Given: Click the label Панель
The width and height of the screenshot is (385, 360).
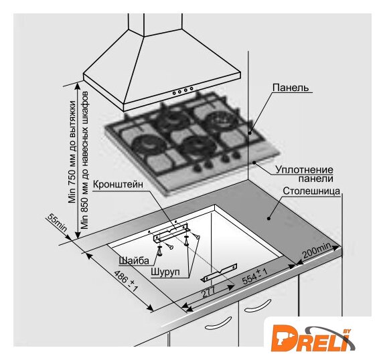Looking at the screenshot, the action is click(291, 88).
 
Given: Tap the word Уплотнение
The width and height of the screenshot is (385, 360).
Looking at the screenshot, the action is click(304, 170).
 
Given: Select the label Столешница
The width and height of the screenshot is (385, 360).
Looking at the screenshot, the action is click(311, 191).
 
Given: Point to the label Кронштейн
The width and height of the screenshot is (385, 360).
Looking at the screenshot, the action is click(118, 185).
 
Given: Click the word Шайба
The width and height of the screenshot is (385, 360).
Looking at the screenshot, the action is click(134, 260).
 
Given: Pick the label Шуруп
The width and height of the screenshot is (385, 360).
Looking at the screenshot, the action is click(165, 272).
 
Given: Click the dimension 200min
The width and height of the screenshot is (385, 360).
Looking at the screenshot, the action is click(317, 251).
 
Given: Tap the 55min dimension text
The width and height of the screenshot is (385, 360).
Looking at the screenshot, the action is click(57, 223).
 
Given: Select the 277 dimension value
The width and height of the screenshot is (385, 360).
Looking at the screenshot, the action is click(208, 292).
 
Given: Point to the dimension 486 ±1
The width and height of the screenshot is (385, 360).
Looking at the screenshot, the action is click(126, 281).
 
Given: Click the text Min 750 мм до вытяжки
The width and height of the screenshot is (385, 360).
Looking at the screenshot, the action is click(72, 152).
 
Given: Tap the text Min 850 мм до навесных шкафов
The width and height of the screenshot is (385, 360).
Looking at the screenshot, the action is click(85, 160).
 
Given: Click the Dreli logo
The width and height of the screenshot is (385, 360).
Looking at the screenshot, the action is click(313, 339).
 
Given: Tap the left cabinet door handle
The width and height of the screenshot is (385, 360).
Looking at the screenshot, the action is click(218, 323).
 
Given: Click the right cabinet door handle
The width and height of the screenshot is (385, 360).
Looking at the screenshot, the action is click(258, 306).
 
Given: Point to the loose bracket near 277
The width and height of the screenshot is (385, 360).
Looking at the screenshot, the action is click(220, 272).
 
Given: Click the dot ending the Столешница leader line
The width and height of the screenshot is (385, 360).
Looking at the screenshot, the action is click(268, 218).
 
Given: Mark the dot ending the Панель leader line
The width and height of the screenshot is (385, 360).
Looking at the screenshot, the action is click(250, 133).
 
